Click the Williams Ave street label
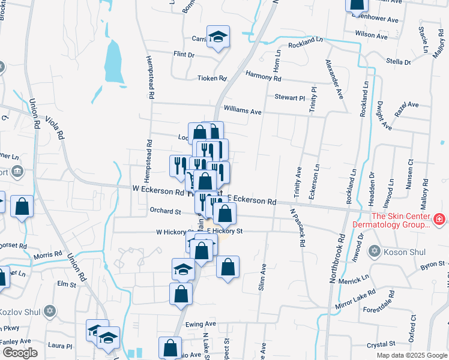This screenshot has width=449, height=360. (242, 111)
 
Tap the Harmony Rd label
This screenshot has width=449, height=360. (264, 77)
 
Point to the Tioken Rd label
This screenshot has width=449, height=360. (212, 78)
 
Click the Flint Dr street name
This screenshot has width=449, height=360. (184, 55)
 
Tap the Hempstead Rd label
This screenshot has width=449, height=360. (150, 77)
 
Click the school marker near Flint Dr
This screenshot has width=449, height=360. (218, 38)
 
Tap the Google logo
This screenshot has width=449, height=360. (20, 352)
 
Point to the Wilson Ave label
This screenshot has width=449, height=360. (371, 35)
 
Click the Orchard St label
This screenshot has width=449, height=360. (165, 211)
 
